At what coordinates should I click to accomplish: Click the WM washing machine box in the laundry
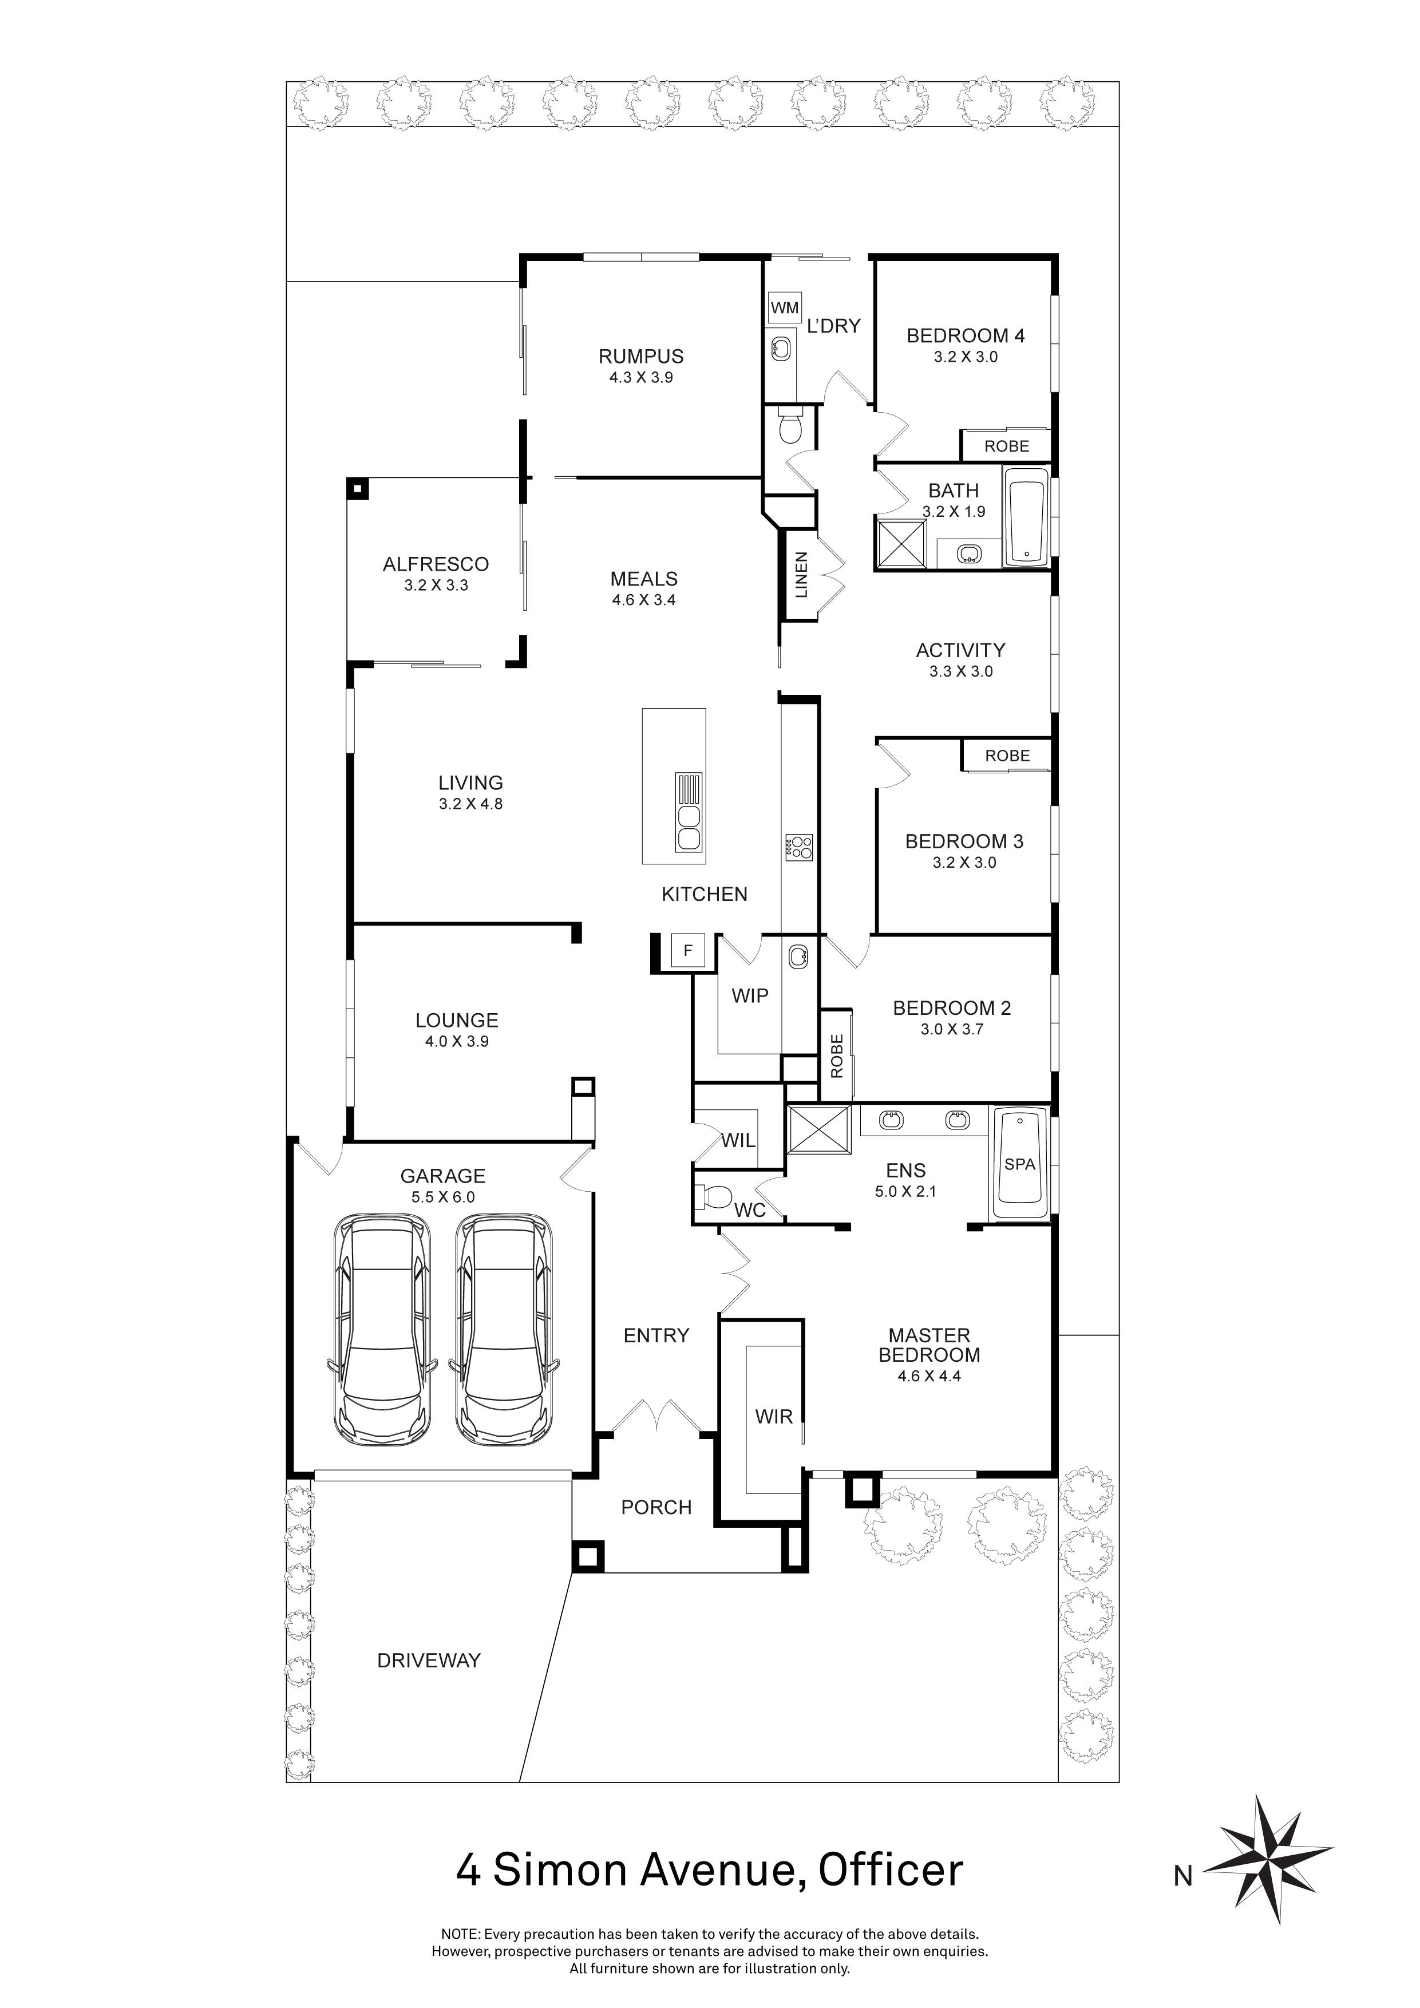(784, 308)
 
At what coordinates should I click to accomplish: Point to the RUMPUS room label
(641, 356)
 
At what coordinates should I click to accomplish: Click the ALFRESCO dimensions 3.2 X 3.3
(436, 585)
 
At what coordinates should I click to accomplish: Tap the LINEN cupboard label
(801, 575)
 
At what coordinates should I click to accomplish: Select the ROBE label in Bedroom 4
(1006, 446)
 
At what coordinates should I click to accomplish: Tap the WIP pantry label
(749, 995)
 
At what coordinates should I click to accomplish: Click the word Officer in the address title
(890, 1869)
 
